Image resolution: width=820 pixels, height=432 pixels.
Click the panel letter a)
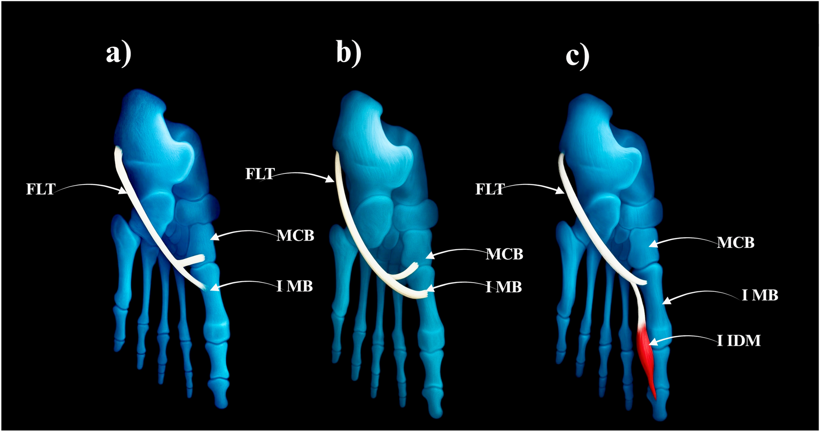(x=118, y=53)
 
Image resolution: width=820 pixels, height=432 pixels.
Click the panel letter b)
(x=348, y=53)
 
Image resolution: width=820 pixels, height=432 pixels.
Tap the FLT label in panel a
(x=41, y=189)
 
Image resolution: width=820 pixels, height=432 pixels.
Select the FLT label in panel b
(x=260, y=174)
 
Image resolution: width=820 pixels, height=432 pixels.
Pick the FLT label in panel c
(x=490, y=189)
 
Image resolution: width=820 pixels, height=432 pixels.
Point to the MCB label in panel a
(x=295, y=235)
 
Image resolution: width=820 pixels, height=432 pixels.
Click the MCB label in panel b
(x=504, y=254)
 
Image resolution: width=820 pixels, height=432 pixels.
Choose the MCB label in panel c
(x=735, y=242)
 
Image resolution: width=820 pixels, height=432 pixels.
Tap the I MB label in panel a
(x=295, y=286)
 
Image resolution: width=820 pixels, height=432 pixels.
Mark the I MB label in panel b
(x=503, y=287)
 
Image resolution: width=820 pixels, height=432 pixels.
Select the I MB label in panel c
(x=760, y=295)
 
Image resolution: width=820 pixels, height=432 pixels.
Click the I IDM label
(x=739, y=341)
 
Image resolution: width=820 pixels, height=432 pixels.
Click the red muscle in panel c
(x=646, y=356)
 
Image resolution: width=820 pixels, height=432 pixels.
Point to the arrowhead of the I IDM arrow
(x=652, y=343)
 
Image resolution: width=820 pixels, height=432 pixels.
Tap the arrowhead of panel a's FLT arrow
(x=124, y=190)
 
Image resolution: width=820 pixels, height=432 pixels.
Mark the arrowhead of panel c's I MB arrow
(x=665, y=302)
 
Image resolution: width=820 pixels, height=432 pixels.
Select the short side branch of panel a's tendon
(x=192, y=260)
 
